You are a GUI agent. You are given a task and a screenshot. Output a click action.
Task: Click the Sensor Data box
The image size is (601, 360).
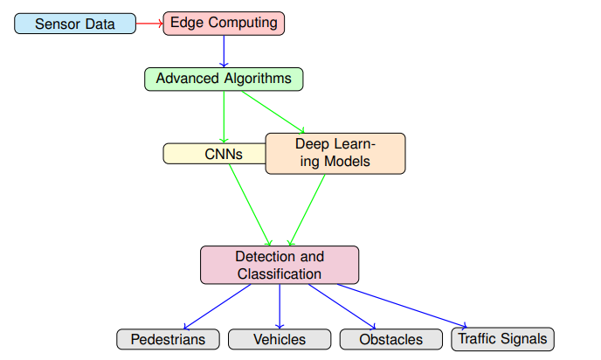coord(75,24)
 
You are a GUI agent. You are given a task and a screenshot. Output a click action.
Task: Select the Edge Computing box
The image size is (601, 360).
coord(224,24)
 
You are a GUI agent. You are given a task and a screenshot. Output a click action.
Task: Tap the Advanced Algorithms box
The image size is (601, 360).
coord(224,80)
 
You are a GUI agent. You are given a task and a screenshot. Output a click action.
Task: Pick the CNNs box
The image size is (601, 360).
coord(215,154)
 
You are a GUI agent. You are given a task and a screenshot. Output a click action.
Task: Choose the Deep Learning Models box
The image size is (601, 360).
coord(335,154)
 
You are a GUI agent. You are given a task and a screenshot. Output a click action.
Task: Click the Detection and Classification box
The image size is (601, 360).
coord(280,265)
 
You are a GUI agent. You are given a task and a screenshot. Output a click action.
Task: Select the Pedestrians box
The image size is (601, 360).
coord(168,339)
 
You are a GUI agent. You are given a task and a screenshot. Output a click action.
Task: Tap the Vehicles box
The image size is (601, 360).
coord(280,339)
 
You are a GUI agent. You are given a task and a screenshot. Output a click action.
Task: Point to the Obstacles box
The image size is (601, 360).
coord(391,339)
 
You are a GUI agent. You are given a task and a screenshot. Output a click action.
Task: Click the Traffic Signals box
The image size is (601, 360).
coord(502,339)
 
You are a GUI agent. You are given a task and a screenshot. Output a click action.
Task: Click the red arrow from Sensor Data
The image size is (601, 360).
coord(149,24)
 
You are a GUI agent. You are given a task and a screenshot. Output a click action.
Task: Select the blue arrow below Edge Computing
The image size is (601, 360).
coord(224,52)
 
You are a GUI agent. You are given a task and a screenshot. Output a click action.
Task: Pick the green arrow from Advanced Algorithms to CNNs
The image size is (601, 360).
coord(224,117)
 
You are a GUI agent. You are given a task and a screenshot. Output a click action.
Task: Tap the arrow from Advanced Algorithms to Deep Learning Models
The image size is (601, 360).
coord(273,113)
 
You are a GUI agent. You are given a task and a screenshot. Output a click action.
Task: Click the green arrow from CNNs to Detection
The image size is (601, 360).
coord(251,205)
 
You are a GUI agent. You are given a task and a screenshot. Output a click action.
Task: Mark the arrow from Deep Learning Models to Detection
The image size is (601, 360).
coord(307,210)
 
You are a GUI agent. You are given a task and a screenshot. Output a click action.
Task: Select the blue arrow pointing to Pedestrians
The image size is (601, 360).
coord(217,307)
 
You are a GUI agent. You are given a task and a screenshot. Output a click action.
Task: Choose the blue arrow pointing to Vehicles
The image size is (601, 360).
coord(280,307)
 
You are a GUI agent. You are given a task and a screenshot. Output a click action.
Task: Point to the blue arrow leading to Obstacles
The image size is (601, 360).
coord(342,307)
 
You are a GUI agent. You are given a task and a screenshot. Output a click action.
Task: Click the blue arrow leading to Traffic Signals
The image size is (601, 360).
coord(402,306)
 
